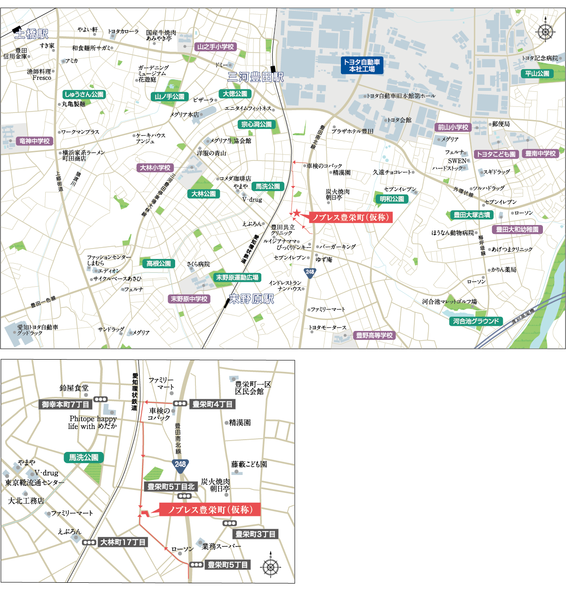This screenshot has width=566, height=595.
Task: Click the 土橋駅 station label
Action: (x=32, y=34)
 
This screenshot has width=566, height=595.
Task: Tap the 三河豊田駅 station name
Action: (x=256, y=77)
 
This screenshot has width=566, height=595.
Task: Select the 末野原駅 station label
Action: (x=251, y=299)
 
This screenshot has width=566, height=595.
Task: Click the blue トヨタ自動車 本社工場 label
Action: (x=362, y=65)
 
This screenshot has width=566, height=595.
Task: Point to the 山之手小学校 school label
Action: (x=215, y=47)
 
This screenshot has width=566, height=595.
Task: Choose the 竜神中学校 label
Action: (x=34, y=141)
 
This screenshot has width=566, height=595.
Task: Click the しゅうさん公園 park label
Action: (x=84, y=95)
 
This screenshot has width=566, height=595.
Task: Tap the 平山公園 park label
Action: (x=537, y=74)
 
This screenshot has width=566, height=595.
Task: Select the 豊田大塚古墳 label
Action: (x=471, y=215)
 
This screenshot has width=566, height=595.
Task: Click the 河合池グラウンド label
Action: (x=476, y=322)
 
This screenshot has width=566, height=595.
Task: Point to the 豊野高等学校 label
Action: (x=374, y=336)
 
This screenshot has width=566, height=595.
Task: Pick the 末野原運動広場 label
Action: (x=237, y=278)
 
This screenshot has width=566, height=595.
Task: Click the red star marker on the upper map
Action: (x=297, y=214)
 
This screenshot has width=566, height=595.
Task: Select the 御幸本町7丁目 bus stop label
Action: (x=65, y=404)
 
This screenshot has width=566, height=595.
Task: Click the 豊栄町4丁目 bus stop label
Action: (x=212, y=404)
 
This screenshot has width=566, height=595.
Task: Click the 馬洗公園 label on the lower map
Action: (x=84, y=458)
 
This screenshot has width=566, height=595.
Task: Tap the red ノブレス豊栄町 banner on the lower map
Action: (x=210, y=510)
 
